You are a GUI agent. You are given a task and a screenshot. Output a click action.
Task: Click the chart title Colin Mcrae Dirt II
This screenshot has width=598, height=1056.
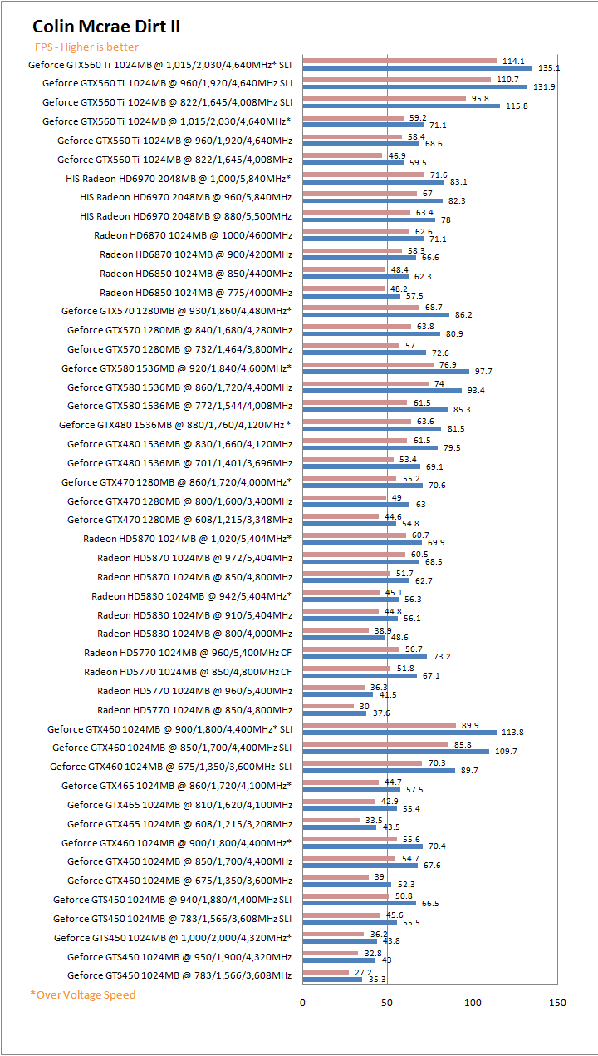coord(106,27)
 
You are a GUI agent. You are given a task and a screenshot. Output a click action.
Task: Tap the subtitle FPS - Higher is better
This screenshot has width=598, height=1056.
coord(86,47)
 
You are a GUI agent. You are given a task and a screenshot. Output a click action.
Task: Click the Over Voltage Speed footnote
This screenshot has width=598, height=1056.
coord(82,994)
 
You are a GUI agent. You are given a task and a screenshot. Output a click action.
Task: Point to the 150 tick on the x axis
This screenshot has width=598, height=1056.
coord(557,1003)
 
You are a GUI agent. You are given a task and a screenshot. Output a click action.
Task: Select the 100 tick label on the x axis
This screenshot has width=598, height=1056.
coord(473,1003)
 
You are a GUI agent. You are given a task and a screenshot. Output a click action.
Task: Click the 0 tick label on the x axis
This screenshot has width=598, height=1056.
coord(302,1003)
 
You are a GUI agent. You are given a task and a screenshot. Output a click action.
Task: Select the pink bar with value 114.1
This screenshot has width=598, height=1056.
coord(399,61)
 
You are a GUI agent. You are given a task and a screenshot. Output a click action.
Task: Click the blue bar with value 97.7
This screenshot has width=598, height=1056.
coord(385,372)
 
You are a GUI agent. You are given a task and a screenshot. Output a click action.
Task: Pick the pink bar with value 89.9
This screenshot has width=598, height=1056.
coord(379,725)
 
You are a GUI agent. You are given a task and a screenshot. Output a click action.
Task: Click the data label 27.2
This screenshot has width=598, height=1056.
coord(363,972)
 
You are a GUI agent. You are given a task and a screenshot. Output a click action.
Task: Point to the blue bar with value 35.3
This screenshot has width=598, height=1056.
coord(332,979)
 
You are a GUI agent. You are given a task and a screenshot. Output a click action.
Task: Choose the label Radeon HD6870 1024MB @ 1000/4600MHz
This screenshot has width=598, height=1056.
coord(193,235)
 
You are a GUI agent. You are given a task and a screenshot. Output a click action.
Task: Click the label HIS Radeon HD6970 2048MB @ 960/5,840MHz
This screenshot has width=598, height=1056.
coord(186,197)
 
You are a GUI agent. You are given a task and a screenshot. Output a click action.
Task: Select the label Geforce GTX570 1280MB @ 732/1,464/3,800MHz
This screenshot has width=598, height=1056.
coord(179,349)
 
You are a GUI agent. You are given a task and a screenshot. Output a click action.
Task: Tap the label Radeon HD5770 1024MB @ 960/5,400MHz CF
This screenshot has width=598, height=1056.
coord(188,653)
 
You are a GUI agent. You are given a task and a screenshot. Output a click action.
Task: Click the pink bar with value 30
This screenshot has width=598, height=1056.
coord(328,707)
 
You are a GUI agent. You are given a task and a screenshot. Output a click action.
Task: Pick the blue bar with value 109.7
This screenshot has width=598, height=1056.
coord(395,752)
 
